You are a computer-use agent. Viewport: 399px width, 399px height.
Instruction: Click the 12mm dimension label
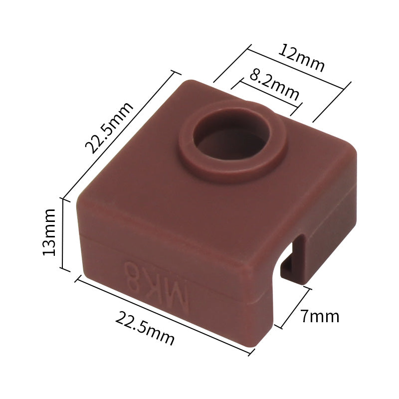click(301, 58)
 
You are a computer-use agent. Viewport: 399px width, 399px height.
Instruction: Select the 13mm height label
click(49, 232)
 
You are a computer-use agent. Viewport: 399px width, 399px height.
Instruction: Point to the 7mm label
click(320, 316)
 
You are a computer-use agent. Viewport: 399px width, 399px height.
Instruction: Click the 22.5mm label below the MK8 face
click(145, 328)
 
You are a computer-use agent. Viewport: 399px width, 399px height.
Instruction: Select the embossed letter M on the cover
click(176, 296)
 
